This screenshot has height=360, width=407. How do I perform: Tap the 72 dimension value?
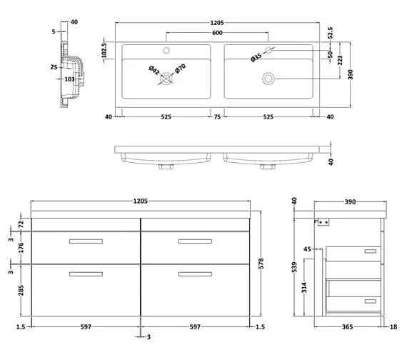21,224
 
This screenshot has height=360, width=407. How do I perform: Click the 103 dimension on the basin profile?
69,79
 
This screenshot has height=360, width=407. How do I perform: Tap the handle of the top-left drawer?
86,241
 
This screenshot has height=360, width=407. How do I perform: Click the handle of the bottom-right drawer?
195,274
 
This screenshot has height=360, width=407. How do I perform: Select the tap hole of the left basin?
167,51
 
